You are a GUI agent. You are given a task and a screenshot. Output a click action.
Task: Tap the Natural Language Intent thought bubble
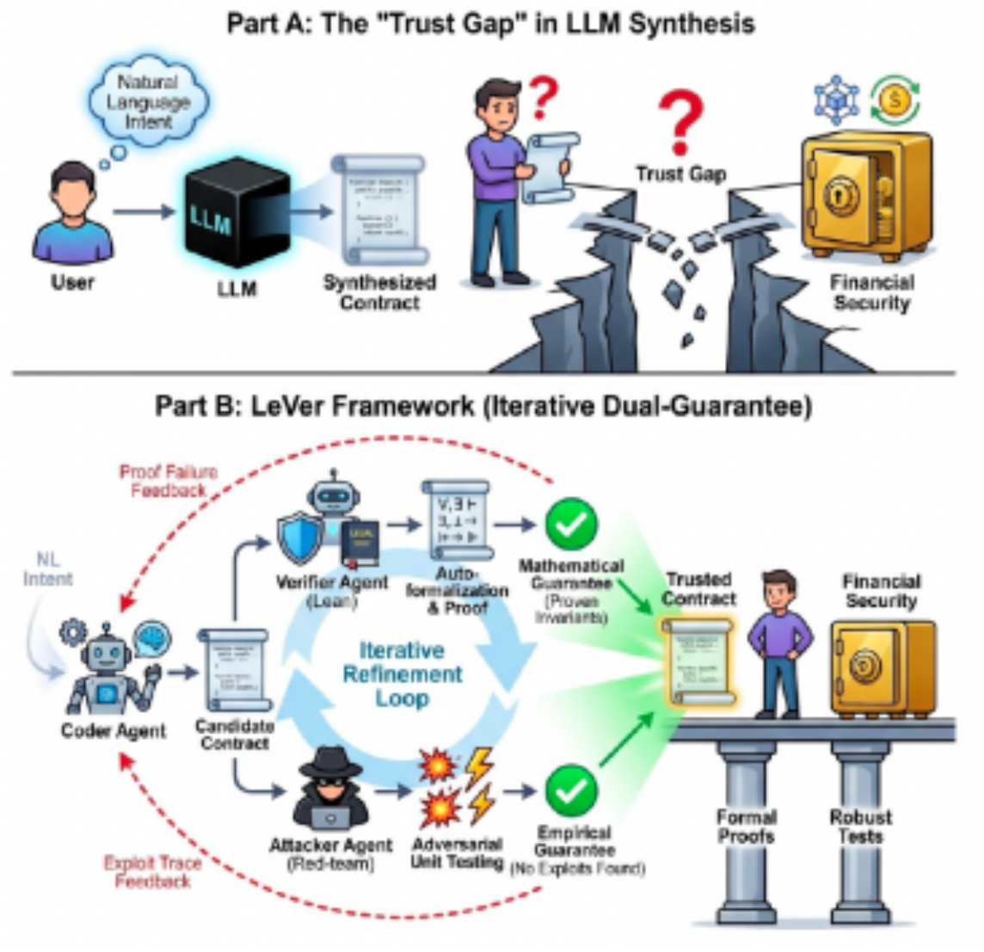coord(149,101)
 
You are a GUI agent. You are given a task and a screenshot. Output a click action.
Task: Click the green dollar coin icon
coord(895,99)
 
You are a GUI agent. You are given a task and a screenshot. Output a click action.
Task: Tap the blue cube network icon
coord(837,99)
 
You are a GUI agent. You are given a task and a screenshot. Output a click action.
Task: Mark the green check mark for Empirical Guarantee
coord(571,789)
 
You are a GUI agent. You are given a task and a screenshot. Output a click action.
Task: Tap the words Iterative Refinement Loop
coord(402,673)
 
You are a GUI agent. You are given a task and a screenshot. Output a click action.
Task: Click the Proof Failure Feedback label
coord(168,481)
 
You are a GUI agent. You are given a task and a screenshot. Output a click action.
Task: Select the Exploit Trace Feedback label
coord(152,871)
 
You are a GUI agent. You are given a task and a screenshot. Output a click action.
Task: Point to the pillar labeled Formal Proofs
coord(747,826)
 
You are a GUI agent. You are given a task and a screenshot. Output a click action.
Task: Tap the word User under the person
coord(72,281)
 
